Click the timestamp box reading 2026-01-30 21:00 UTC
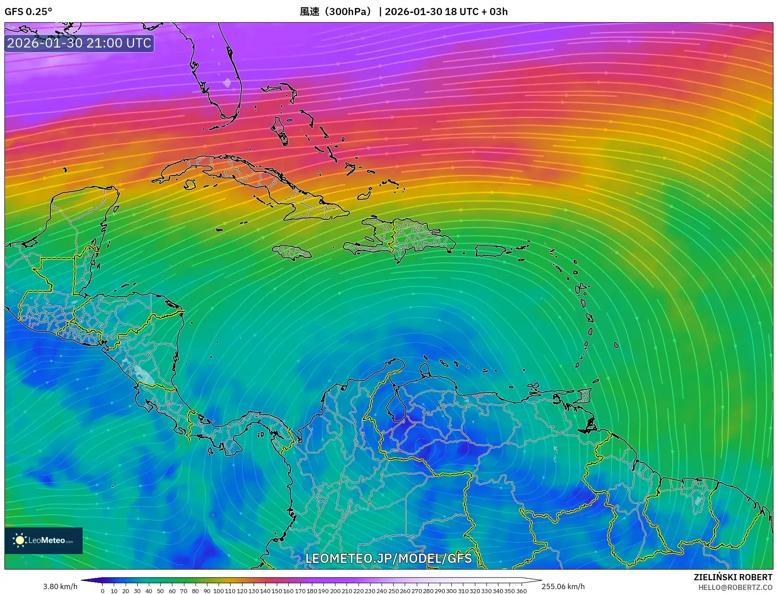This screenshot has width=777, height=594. coord(79,43)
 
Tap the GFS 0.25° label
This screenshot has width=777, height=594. coord(28,12)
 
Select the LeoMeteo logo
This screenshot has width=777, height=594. coord(44,540)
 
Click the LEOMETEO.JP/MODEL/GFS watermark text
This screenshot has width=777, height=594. coord(388,558)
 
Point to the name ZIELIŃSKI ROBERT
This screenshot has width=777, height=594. coord(733,577)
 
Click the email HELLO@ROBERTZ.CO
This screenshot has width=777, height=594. coord(735,587)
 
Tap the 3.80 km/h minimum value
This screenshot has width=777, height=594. coord(60,586)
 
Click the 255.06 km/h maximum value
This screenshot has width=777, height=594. coord(563,586)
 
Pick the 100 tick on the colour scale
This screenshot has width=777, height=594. coord(219,591)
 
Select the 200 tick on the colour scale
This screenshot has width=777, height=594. coord(335,591)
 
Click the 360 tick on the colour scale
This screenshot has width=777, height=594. coord(521,591)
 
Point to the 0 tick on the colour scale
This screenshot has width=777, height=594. coord(103,591)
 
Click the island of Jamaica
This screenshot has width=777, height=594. coord(292,252)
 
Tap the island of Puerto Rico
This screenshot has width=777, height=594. coord(491,251)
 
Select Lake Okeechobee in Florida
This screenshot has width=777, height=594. coord(227,83)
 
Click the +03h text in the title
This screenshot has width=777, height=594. coord(498,12)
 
